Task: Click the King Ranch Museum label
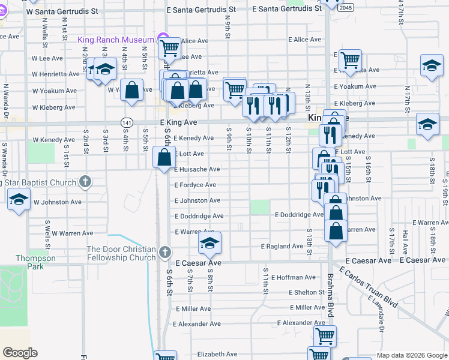pos(116,40)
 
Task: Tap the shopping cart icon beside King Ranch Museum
pos(170,47)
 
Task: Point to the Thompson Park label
pos(35,262)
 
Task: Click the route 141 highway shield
pos(126,122)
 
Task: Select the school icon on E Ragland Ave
pos(209,242)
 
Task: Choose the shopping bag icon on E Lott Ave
pos(164,158)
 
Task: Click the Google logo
pos(20,353)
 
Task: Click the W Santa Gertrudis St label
pos(62,11)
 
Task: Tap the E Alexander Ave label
pos(197,323)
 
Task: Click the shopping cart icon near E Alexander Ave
pos(325,336)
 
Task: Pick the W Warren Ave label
pos(72,233)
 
